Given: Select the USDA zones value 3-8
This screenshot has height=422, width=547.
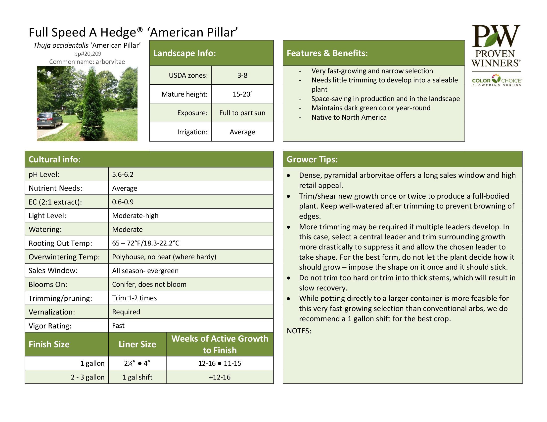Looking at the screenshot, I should point(242,75).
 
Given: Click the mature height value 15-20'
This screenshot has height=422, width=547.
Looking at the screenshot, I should point(242,94).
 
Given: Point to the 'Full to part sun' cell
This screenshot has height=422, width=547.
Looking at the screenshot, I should point(242,113).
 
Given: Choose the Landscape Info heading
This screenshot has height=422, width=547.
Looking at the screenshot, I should point(184,53).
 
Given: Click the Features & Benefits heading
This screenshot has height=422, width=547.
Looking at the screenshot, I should point(327,53).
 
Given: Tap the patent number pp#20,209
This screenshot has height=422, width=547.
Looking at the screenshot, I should point(88,54).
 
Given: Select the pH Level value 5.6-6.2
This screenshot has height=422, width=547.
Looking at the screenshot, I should point(123,174).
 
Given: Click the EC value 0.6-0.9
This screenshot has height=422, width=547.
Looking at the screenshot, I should point(123,202).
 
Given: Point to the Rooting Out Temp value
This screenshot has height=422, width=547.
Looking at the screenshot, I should point(145,243).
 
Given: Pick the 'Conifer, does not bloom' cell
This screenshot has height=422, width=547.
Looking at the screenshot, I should point(149,284).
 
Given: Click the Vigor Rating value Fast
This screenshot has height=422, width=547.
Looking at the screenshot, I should point(118,325).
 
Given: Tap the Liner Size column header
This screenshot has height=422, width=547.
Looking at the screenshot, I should point(137,344).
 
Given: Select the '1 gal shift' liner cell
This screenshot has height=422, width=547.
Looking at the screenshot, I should point(137,377).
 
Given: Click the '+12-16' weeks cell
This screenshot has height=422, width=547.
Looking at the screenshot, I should point(220,377).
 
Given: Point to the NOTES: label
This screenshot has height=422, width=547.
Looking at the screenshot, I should point(299,331).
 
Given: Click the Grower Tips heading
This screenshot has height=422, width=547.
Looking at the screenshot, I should point(312,159).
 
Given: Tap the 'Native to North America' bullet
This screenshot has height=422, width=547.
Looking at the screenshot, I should point(349,117).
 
